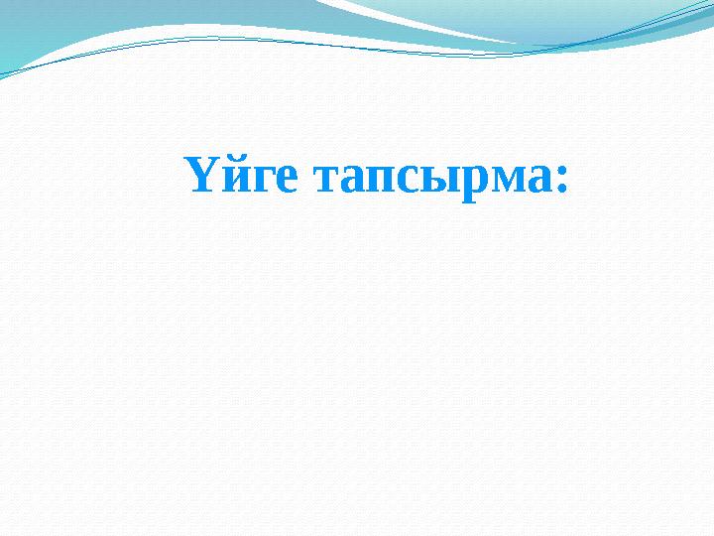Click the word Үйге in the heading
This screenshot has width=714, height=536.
(x=241, y=178)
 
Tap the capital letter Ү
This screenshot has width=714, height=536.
(x=196, y=176)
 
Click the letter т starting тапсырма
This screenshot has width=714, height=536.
(x=324, y=181)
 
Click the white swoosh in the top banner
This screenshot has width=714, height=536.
(x=416, y=18)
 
